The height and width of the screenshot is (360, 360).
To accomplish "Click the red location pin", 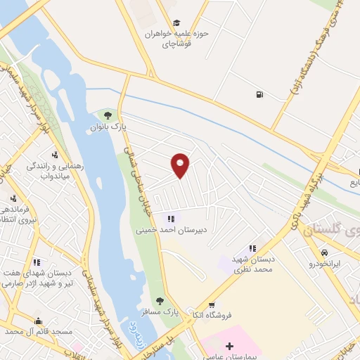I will tap(181, 165).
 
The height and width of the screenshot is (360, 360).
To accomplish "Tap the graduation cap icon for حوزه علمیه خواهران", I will tap(176, 23).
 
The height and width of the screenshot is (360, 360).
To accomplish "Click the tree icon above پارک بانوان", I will tap(108, 115).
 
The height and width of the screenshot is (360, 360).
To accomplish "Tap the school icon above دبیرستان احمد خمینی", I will tap(171, 218).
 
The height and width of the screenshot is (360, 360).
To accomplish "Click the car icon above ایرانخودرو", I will tap(324, 252).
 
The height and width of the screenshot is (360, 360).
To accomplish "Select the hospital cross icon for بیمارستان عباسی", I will tap(229, 345).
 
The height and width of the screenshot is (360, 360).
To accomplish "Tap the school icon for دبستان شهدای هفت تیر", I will tap(37, 262).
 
